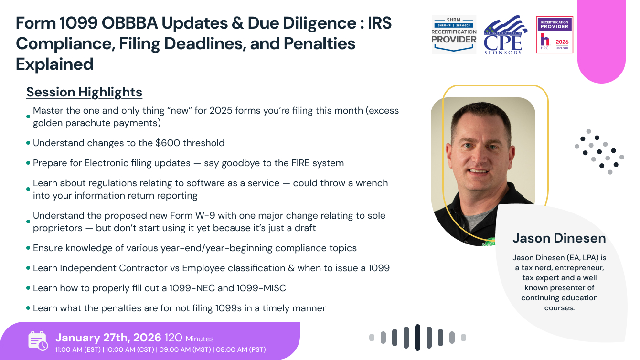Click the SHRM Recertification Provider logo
pos(454,34)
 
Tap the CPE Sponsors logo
pos(505,35)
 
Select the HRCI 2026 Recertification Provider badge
pos(555,35)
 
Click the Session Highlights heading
pos(84,92)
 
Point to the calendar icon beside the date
pos(38,340)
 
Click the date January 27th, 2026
pos(108,338)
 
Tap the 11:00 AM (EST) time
pos(77,349)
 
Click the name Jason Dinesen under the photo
pos(559,238)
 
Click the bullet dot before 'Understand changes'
pos(28,143)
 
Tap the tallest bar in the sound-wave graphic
pos(417,338)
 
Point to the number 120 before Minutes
pos(173,338)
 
